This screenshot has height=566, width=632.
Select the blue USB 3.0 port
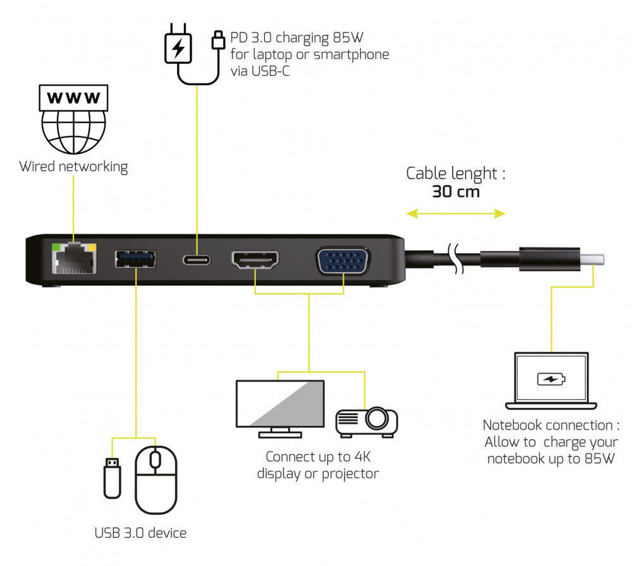pos(135,259)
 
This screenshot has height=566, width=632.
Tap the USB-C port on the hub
pos(197,260)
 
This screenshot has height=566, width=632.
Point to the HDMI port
pos(255,260)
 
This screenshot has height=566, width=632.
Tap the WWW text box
pos(74,98)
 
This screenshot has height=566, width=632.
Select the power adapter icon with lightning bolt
pos(178,48)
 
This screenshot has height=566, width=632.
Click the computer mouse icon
pos(156,479)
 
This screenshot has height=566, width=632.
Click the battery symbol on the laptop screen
pos(551,379)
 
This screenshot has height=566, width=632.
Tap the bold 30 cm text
pos(456,192)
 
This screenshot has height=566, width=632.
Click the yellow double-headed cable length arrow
pos(456,214)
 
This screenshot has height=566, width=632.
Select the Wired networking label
pos(74,166)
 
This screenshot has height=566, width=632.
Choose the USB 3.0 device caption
pos(141,533)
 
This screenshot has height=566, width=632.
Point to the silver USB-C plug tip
pos(593,260)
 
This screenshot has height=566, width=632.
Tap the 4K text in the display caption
pos(362,457)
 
